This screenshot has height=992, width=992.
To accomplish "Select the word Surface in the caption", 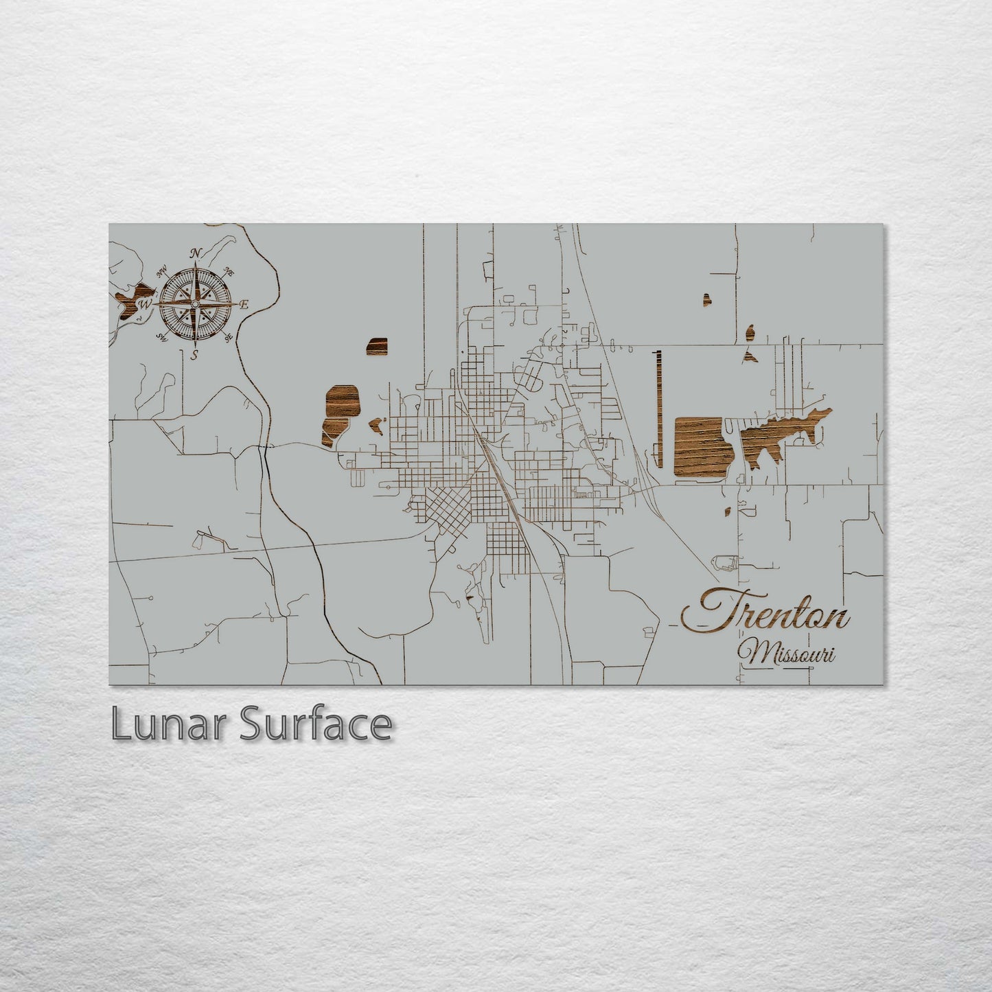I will click(x=315, y=724).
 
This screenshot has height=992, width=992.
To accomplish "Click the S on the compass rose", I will click(x=195, y=354).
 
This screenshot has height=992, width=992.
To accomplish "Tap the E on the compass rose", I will click(x=244, y=304).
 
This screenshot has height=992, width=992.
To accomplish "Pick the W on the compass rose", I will click(x=146, y=303).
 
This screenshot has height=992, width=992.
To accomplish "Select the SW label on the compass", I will click(x=163, y=336).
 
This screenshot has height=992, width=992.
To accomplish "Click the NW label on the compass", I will click(x=163, y=273).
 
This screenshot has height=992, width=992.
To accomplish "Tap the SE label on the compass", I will click(x=228, y=336).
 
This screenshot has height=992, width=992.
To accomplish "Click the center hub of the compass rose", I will click(x=196, y=303).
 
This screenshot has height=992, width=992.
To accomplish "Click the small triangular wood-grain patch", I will click(x=746, y=356).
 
